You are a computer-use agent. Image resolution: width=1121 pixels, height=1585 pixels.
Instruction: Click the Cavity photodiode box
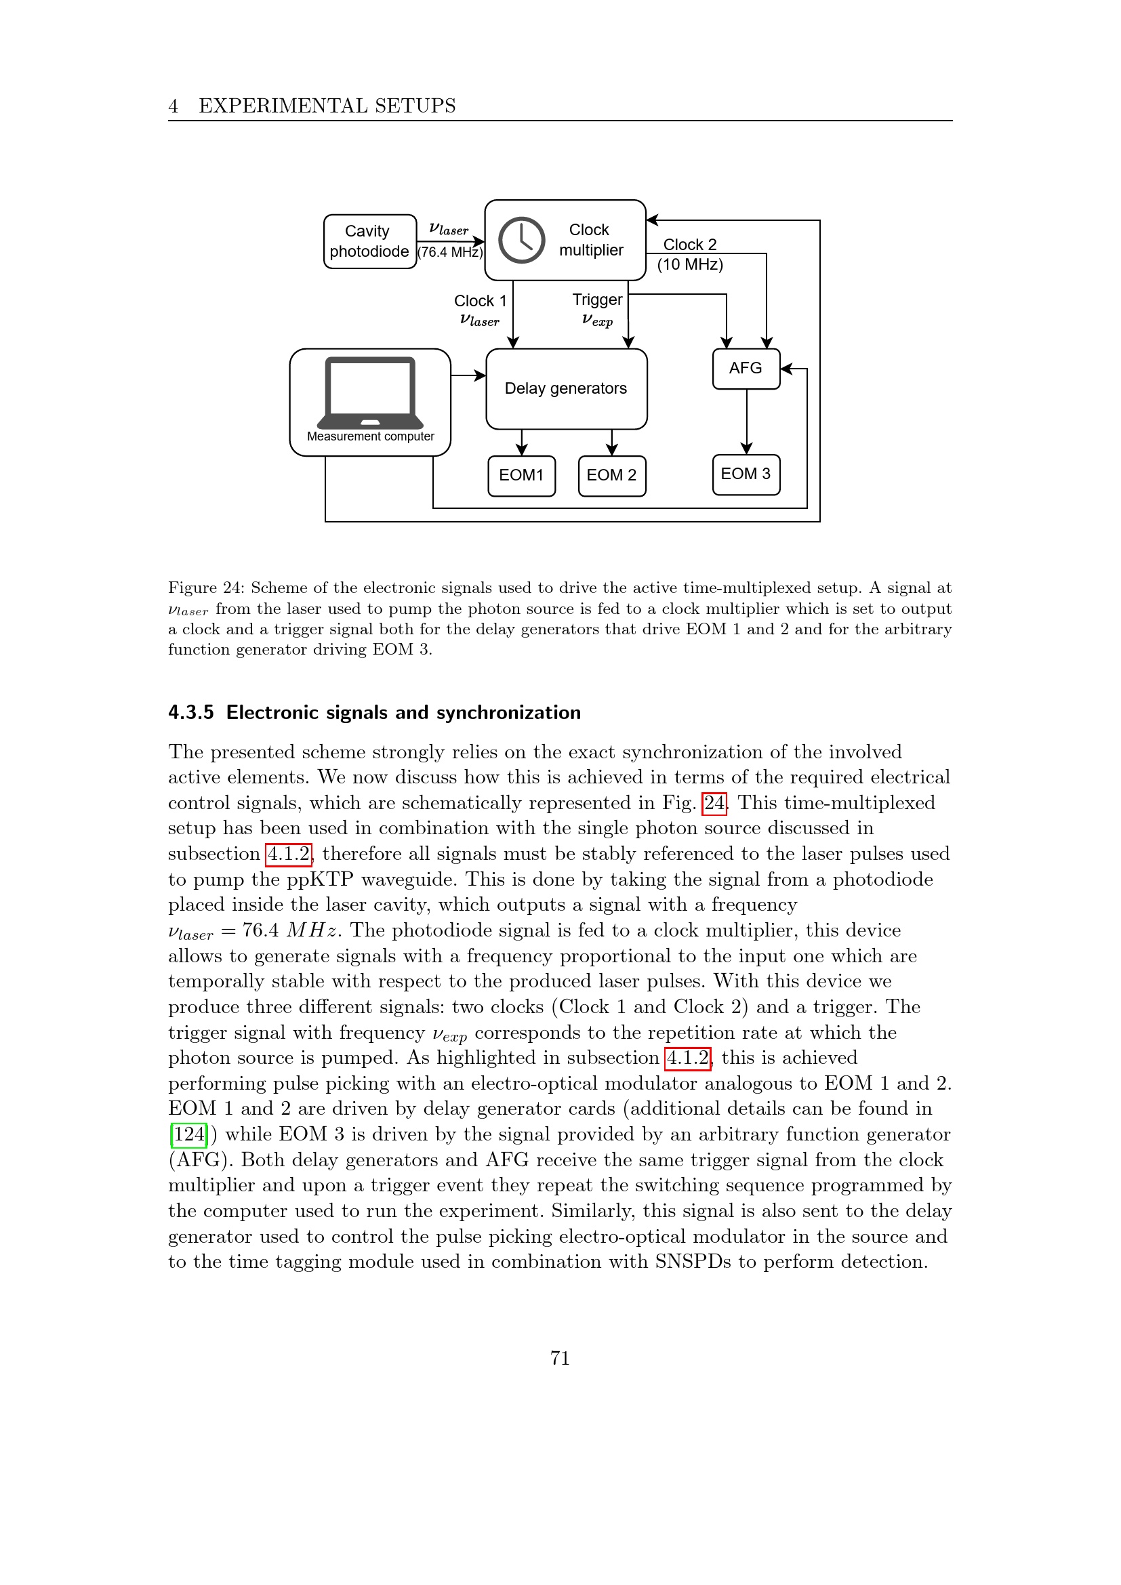click(370, 242)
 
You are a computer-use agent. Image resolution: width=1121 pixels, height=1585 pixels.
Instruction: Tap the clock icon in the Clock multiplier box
click(522, 241)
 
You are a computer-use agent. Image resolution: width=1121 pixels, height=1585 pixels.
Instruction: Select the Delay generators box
click(566, 389)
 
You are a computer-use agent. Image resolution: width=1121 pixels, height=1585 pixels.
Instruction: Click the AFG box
click(746, 369)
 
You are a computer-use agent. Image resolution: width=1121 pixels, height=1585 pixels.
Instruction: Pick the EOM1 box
click(521, 476)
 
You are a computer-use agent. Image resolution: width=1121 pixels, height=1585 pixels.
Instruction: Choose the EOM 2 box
click(611, 476)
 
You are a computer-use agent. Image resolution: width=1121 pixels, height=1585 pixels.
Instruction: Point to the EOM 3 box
click(746, 474)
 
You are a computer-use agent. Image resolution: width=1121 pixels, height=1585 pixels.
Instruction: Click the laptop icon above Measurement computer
click(371, 392)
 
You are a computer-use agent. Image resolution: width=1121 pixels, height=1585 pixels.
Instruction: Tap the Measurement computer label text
click(371, 436)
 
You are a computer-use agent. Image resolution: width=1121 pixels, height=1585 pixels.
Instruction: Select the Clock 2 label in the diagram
click(689, 245)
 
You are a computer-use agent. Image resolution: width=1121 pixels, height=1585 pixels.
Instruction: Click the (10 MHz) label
click(689, 264)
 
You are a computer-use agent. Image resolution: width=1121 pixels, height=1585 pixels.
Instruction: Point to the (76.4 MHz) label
click(450, 253)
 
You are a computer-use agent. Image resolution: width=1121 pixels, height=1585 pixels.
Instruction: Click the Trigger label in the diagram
click(597, 300)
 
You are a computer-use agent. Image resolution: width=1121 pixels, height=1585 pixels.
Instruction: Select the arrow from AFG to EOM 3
click(746, 421)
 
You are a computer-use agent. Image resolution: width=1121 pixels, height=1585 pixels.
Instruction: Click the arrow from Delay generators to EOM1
click(522, 442)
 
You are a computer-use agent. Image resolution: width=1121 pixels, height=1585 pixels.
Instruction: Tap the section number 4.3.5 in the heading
click(191, 712)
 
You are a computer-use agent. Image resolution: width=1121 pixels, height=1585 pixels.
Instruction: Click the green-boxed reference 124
click(189, 1134)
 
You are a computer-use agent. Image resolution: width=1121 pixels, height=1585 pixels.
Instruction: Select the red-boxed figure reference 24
click(714, 803)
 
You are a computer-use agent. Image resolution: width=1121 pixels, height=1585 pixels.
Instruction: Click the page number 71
click(560, 1358)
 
